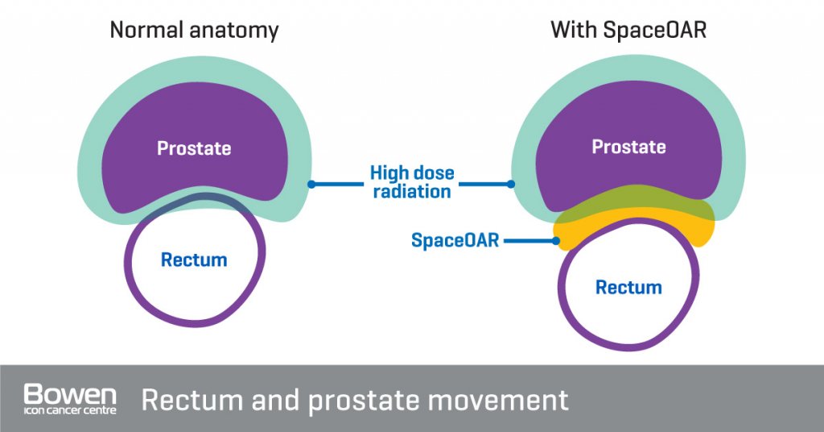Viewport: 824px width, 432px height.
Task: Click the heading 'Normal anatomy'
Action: [x=194, y=31]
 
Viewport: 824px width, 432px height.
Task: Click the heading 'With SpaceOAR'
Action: [x=629, y=31]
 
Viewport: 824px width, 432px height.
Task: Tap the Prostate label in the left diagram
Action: [x=194, y=148]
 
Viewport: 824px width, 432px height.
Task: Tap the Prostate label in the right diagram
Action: [x=628, y=147]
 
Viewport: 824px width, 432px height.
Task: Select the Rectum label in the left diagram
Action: [x=194, y=260]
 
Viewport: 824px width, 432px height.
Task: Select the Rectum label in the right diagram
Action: [x=628, y=287]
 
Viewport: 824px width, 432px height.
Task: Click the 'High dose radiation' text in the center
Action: [x=412, y=182]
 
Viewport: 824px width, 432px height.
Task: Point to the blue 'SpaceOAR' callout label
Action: [x=455, y=240]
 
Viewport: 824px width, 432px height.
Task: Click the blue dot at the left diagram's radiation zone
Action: [x=312, y=184]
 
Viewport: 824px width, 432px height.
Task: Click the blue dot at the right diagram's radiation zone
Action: [x=511, y=184]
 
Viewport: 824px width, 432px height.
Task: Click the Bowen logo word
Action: [x=70, y=395]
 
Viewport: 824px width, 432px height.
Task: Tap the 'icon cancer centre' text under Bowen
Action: [x=70, y=411]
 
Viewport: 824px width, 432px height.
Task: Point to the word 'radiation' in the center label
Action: [x=412, y=192]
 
